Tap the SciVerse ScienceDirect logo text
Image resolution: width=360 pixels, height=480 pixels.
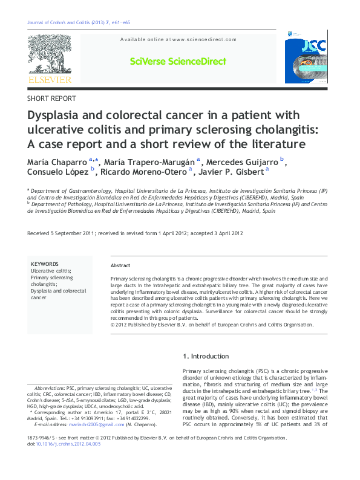(x=178, y=62)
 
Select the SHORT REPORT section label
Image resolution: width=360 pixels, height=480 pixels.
(x=52, y=99)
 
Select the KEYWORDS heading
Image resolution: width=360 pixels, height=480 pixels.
(x=44, y=264)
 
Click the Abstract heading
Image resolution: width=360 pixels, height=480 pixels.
(x=120, y=266)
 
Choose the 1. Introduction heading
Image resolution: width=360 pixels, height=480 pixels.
(x=206, y=356)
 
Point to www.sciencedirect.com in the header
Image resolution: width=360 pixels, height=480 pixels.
(x=204, y=39)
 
